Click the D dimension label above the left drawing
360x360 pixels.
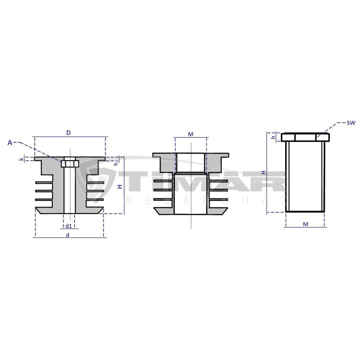click(68, 133)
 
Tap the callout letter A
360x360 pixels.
click(10, 143)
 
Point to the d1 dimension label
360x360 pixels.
click(69, 226)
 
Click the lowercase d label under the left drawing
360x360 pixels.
click(68, 235)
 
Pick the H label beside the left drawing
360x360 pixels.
click(120, 186)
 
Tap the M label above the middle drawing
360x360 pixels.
click(190, 134)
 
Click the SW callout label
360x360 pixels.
click(351, 123)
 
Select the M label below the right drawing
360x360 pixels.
click(306, 224)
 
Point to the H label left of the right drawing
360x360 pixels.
click(264, 172)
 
